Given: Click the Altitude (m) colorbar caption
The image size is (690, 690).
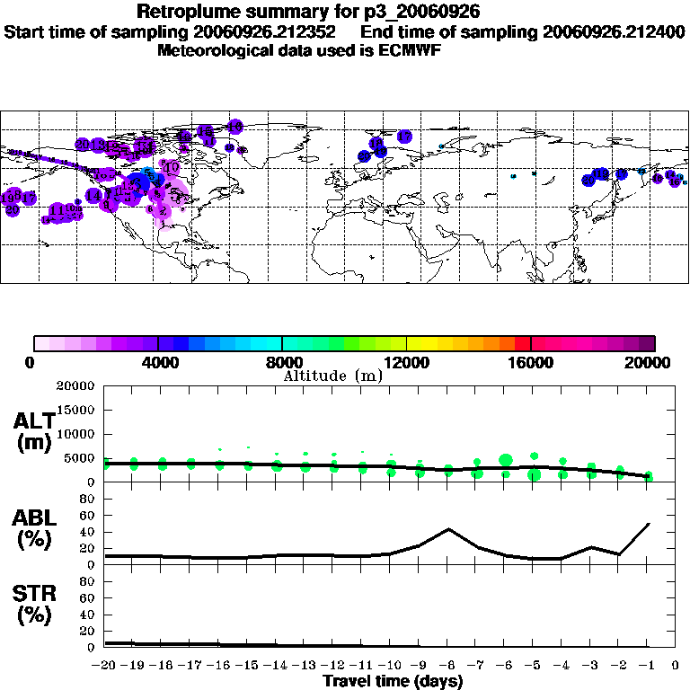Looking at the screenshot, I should point(332,376).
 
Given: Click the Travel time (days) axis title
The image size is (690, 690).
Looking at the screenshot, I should point(393,682).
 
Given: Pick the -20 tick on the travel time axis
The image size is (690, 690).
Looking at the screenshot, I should point(104,666).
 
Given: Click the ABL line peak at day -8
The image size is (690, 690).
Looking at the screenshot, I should point(448,528).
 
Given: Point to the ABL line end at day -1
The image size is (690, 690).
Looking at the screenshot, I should point(649,523).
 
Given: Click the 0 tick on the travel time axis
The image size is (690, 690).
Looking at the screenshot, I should point(676,666).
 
